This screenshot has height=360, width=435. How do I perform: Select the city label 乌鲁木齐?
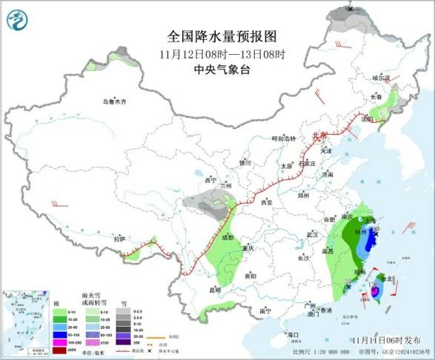pyautogui.click(x=115, y=101)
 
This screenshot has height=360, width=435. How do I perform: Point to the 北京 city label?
pyautogui.click(x=319, y=136)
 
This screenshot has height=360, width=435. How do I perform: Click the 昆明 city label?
pyautogui.click(x=215, y=289)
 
